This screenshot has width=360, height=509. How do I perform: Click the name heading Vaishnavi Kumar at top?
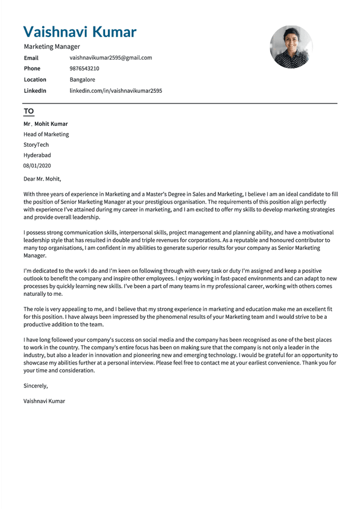tap(80, 31)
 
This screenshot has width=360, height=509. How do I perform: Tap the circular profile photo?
tap(291, 47)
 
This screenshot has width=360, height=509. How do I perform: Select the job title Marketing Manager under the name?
tap(52, 47)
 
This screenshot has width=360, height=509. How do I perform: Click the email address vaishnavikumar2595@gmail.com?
tap(111, 57)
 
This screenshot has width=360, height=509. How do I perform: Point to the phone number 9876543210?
tap(84, 69)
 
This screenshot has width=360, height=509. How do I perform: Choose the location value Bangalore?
tap(82, 80)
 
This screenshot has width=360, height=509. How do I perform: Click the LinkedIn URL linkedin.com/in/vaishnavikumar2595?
tap(116, 91)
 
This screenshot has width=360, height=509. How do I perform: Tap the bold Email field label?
tap(31, 57)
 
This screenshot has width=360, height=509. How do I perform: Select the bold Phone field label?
tap(32, 69)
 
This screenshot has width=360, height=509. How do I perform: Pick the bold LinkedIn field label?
tap(35, 91)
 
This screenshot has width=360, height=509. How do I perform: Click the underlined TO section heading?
tap(29, 111)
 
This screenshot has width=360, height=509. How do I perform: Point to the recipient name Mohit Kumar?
tap(51, 124)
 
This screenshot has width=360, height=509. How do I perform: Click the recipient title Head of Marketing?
tap(46, 134)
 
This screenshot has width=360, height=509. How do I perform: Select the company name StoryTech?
tap(36, 145)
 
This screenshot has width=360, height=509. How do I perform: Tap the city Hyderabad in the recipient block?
tap(37, 155)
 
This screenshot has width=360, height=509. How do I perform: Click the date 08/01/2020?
tap(37, 165)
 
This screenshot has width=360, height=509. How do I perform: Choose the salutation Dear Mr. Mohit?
tap(42, 179)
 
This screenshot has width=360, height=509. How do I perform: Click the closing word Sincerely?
tap(36, 386)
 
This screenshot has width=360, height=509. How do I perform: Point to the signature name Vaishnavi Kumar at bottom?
tap(44, 401)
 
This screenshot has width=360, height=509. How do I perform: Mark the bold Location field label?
tap(35, 80)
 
